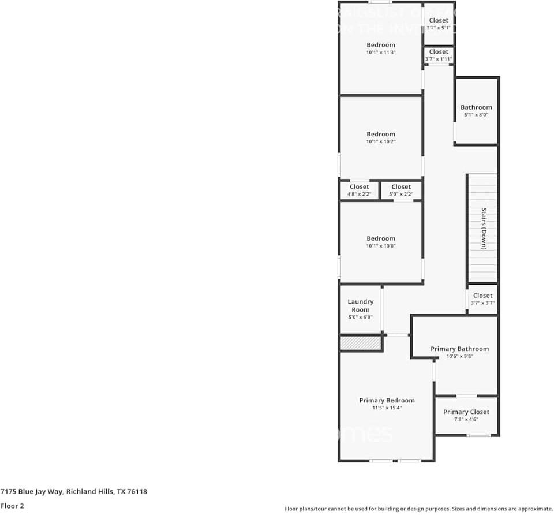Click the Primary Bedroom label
tap(387, 400)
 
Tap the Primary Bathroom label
tap(459, 349)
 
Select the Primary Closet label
tap(466, 412)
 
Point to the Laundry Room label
tap(361, 305)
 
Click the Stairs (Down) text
tap(484, 228)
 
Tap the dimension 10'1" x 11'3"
tap(381, 53)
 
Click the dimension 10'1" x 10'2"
tap(381, 141)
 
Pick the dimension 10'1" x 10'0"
tap(381, 246)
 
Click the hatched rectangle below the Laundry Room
tap(361, 344)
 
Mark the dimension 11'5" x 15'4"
tap(387, 408)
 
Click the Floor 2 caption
tap(12, 506)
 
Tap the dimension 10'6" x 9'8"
tap(459, 356)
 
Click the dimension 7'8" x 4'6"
tap(466, 419)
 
